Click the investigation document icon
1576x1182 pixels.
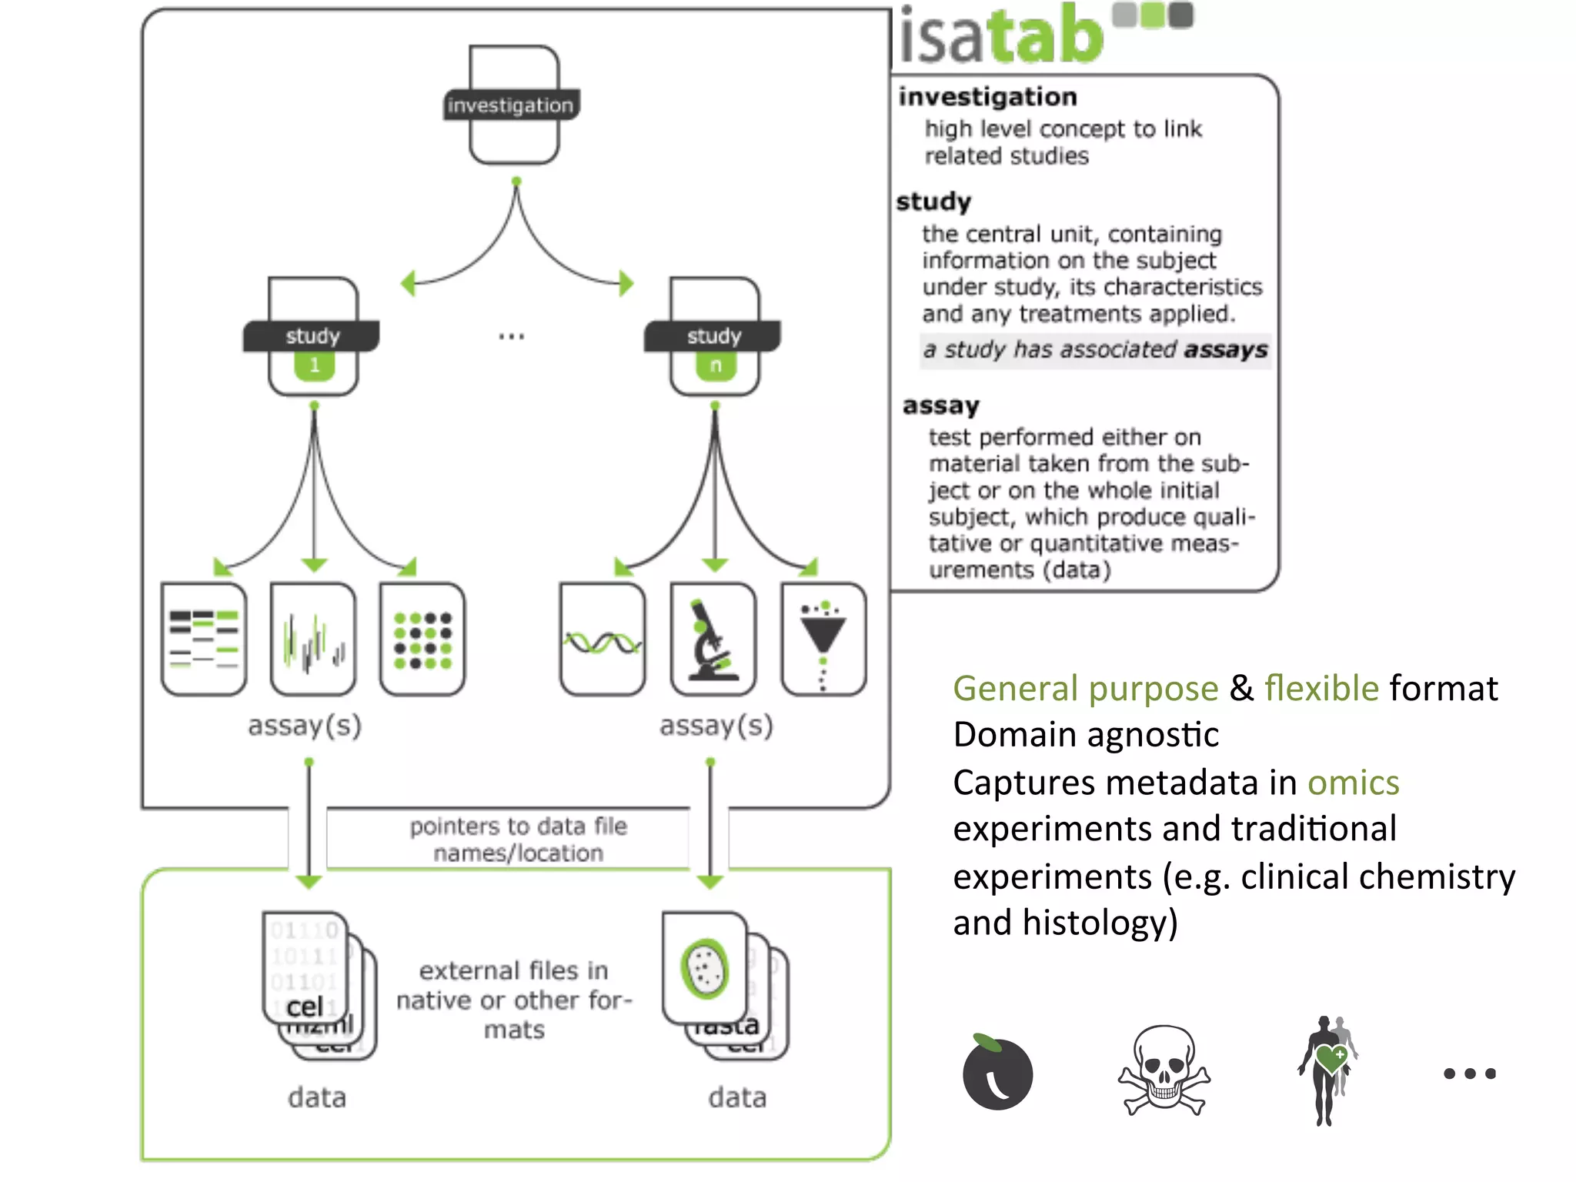tap(514, 105)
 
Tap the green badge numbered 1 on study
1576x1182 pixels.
tap(314, 366)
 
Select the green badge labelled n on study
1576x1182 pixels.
tap(716, 366)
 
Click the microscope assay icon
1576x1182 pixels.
tap(713, 639)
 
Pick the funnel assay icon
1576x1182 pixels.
tap(823, 639)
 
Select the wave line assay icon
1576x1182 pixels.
tap(603, 639)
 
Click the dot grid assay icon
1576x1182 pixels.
tap(422, 639)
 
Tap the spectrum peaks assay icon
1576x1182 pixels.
tap(313, 639)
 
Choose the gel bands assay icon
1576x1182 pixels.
tap(204, 639)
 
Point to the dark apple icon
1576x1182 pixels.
tap(997, 1073)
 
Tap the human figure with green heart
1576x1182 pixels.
tap(1327, 1070)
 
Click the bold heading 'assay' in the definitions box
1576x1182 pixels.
tap(940, 406)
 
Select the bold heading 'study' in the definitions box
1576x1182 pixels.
tap(933, 202)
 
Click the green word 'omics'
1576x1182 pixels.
tap(1353, 783)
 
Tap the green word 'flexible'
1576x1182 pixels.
tap(1321, 688)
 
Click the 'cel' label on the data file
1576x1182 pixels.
tap(305, 1007)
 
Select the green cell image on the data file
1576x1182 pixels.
tap(704, 968)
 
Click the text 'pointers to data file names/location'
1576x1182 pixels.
tap(518, 840)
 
